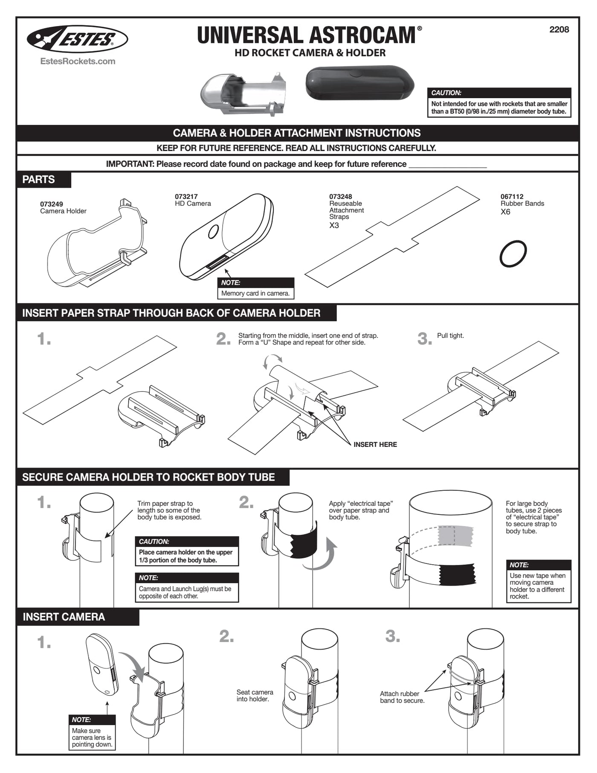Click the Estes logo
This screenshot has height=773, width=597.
tap(77, 39)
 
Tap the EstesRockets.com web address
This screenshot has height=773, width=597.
tap(78, 61)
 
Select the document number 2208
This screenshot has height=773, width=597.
tap(559, 29)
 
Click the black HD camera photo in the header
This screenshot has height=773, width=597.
tap(359, 83)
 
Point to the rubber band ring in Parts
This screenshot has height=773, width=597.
tap(513, 254)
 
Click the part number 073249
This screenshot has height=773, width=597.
tap(52, 204)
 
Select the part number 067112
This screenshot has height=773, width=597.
tap(512, 196)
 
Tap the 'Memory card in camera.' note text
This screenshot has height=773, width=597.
tap(255, 293)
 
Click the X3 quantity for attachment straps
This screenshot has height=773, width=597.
tap(334, 225)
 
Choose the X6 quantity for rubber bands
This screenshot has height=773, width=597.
tap(505, 212)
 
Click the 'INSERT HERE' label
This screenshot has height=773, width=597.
tap(375, 444)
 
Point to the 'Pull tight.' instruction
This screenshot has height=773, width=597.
tap(450, 335)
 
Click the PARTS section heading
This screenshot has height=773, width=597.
tap(38, 179)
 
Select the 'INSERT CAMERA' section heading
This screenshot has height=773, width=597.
tap(64, 617)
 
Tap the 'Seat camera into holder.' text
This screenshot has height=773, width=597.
tap(255, 695)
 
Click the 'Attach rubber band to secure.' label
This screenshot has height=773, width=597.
tap(402, 697)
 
